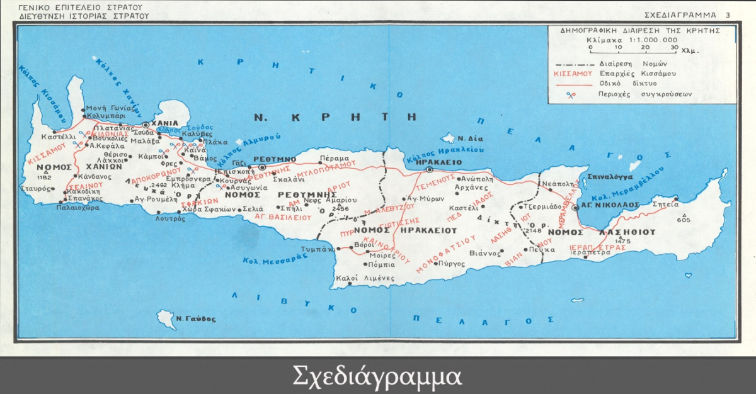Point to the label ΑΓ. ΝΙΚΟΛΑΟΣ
tap(610, 205)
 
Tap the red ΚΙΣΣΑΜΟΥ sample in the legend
tap(573, 73)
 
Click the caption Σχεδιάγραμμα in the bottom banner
tap(377, 376)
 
